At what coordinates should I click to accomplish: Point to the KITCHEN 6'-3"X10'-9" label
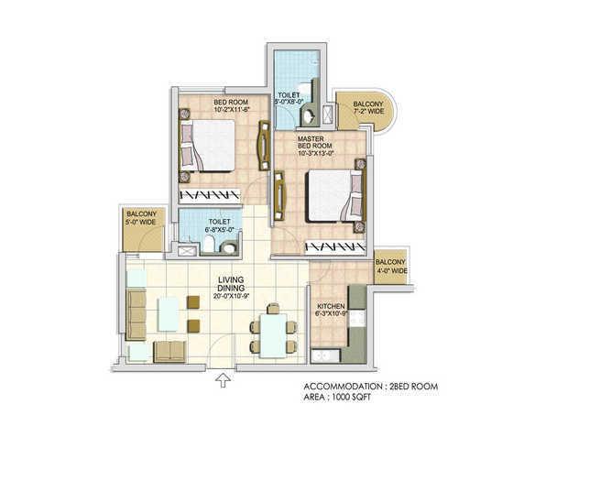[x=333, y=312]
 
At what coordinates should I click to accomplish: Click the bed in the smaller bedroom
[x=210, y=148]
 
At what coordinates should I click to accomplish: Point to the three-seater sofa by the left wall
[x=136, y=315]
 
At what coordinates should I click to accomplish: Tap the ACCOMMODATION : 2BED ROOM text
[x=369, y=387]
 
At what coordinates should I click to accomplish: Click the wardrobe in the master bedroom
[x=335, y=246]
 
